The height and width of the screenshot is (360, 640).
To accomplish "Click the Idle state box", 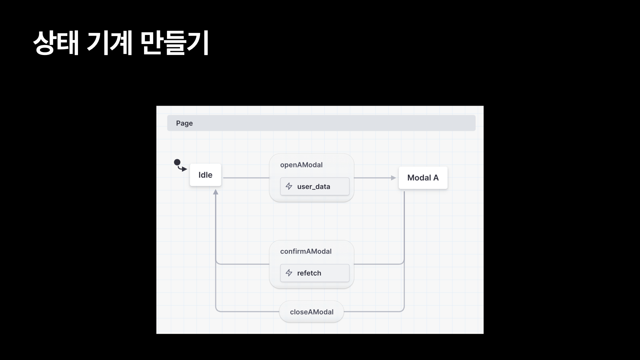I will coord(205,175).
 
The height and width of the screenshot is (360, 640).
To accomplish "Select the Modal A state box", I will coord(423,178).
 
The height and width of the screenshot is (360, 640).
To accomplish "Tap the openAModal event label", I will coord(301,165).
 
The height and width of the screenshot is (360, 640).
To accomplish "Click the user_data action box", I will coord(315,186).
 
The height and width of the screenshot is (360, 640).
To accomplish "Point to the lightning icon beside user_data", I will coord(289,186).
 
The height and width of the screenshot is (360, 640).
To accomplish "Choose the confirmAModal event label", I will coord(306,251).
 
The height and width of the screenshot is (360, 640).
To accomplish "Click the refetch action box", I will coord(315,273).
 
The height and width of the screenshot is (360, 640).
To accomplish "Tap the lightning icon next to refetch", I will coord(289,273).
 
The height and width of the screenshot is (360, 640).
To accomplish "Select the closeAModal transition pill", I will coord(311,312).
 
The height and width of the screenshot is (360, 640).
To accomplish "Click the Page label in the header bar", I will coord(184,123).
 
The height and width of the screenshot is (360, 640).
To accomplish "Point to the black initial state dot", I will coord(177,162).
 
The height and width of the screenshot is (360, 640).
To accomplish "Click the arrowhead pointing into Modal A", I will coord(393,178).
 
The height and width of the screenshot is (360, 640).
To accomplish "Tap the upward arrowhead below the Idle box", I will coord(216,192).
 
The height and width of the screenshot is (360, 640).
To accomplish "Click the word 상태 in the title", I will coord(56,43).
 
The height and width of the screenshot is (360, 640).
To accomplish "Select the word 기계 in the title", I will coord(110,43).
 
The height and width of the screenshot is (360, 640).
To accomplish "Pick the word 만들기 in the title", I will coord(174,43).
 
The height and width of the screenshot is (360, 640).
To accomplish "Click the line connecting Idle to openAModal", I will coord(246,178).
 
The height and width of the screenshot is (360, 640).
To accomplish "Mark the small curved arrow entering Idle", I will coord(183,169).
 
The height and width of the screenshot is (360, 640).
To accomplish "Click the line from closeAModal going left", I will coord(247,312).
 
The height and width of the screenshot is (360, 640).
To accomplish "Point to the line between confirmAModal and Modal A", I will coord(378,264).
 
